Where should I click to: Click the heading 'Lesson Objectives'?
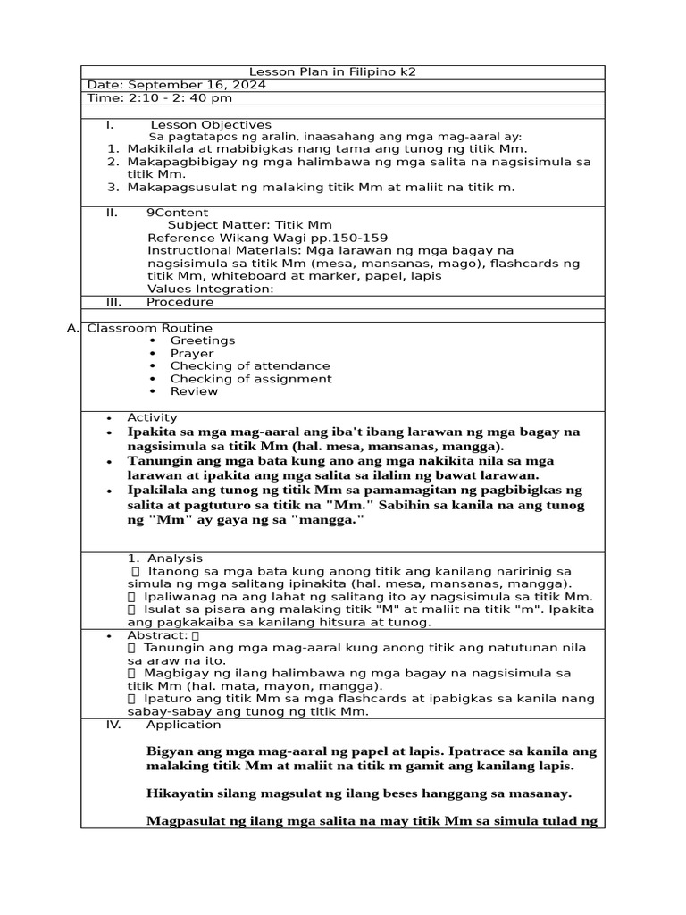pyautogui.click(x=211, y=124)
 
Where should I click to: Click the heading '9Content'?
pyautogui.click(x=177, y=213)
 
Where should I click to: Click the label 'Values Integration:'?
pyautogui.click(x=210, y=289)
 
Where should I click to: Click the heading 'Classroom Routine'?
pyautogui.click(x=149, y=328)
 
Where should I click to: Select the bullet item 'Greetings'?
pyautogui.click(x=203, y=340)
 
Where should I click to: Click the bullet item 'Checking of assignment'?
pyautogui.click(x=251, y=379)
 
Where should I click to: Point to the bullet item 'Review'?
pyautogui.click(x=194, y=391)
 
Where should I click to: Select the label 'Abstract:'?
pyautogui.click(x=157, y=635)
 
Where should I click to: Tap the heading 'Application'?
pyautogui.click(x=183, y=725)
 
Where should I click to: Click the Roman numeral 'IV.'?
pyautogui.click(x=113, y=725)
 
